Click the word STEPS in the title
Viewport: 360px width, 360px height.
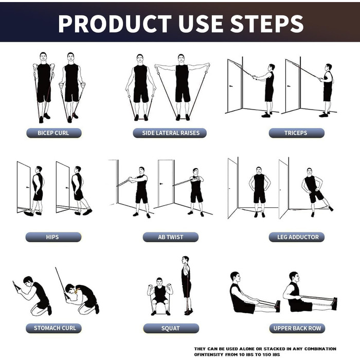267,24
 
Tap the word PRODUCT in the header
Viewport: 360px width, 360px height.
115,24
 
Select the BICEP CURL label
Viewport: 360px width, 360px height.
53,133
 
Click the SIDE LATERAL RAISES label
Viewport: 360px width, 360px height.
170,133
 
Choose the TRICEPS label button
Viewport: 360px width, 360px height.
296,133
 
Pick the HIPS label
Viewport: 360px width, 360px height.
53,237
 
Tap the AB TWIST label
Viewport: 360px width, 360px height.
171,237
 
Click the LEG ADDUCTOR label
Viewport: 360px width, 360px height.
297,237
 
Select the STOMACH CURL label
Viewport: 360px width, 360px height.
53,328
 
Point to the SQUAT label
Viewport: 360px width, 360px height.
171,328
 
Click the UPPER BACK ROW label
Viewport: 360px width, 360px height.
297,328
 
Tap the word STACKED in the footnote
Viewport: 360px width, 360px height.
274,349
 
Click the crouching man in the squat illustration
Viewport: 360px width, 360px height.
160,296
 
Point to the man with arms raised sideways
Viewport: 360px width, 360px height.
182,87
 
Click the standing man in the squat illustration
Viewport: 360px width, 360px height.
187,285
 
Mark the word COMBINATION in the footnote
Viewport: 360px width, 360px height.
320,349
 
